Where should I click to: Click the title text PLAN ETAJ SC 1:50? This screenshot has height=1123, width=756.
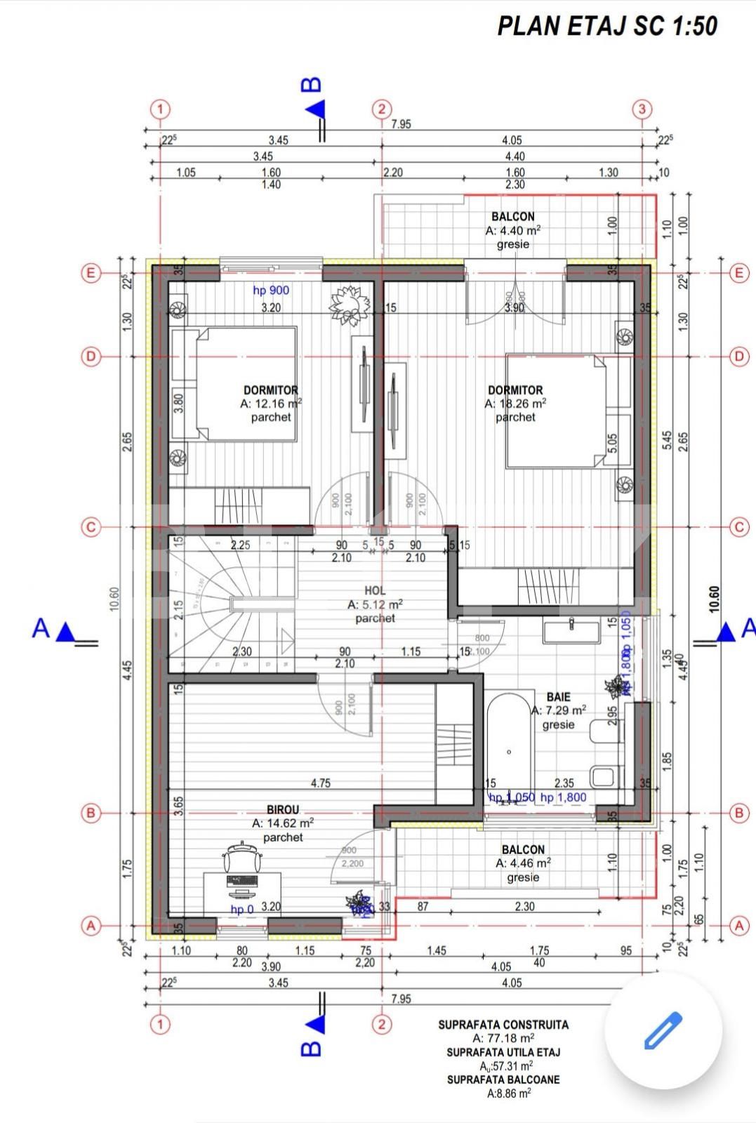pos(607,26)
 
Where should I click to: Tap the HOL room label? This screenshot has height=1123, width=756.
pos(375,591)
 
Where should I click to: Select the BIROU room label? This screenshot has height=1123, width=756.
pos(282,809)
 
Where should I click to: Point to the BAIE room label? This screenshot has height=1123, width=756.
pos(558,697)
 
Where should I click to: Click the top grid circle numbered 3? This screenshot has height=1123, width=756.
pos(642,109)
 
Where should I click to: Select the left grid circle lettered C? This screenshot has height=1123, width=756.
pos(90,527)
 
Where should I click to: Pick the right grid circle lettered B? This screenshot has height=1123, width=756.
pos(738,813)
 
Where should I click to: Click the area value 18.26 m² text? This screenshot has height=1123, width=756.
pos(515,404)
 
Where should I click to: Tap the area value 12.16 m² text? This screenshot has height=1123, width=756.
pos(271,404)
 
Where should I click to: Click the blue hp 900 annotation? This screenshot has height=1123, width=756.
pos(271,290)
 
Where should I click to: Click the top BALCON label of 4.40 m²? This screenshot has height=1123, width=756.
pos(512,217)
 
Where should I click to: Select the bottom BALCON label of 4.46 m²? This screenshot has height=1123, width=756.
pos(523,849)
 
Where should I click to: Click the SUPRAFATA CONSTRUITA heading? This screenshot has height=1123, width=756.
pos(503,1025)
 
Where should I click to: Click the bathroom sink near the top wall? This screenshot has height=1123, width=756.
pos(571,631)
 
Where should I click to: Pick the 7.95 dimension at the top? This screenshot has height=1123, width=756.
pos(401,124)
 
